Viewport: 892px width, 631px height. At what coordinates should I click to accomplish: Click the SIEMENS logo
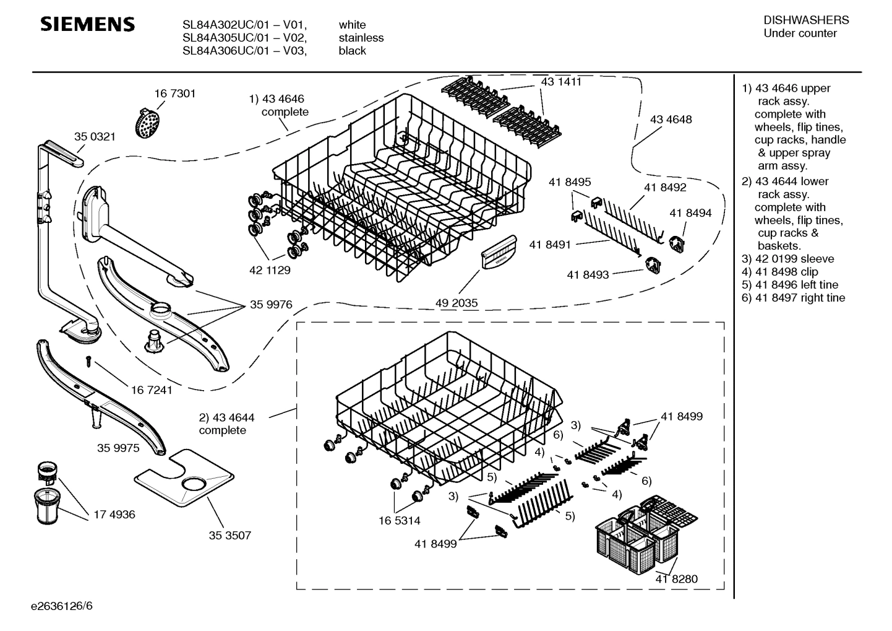87,25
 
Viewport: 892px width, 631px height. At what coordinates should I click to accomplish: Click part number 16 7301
174,94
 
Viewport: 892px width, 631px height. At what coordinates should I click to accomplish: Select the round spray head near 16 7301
147,124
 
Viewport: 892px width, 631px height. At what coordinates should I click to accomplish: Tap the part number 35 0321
95,137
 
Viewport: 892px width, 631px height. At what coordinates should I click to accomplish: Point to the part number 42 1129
270,270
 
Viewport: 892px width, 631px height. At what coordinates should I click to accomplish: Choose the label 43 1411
561,82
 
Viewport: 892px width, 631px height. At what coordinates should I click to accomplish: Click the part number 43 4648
671,120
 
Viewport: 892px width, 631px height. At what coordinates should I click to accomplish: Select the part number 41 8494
690,213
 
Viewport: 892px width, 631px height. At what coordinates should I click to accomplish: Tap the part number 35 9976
271,305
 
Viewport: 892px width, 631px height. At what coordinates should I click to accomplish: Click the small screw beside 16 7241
89,360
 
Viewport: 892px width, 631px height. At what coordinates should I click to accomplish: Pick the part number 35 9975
118,448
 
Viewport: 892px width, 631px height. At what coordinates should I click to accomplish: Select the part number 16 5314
400,521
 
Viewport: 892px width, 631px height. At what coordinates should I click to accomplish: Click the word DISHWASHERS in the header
806,20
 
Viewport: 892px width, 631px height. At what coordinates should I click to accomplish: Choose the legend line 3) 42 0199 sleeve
788,259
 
